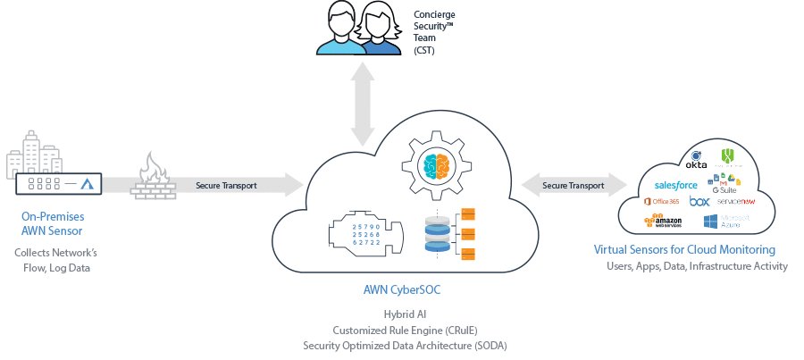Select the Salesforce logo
click(675, 185)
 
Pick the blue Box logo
click(699, 202)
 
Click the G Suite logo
click(724, 184)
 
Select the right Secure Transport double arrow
click(573, 186)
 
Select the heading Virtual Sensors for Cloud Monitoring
click(684, 249)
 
